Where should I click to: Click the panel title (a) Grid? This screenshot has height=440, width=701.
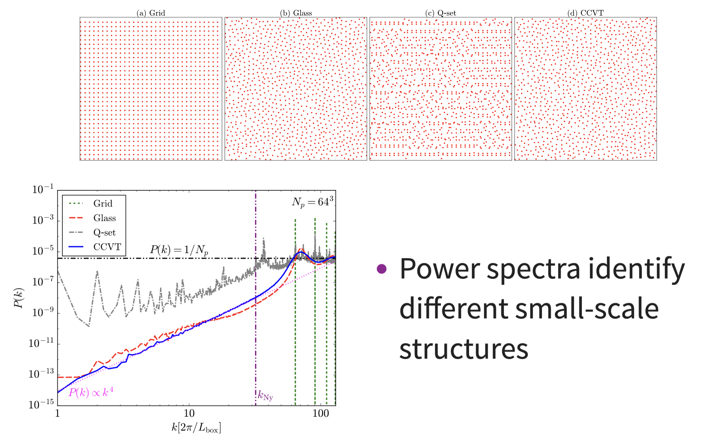[151, 13]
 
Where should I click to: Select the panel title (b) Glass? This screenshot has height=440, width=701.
[296, 13]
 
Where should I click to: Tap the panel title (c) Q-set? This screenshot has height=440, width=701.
[441, 13]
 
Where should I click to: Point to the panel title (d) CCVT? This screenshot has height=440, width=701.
[585, 13]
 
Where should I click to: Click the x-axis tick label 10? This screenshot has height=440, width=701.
[189, 413]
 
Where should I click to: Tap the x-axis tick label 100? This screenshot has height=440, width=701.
[321, 413]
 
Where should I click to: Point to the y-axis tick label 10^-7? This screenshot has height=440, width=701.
[43, 281]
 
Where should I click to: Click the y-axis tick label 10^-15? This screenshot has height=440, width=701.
[41, 404]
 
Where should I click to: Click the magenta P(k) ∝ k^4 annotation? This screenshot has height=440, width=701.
[91, 392]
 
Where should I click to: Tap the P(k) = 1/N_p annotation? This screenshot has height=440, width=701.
[179, 250]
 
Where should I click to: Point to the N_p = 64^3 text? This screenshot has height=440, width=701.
[312, 202]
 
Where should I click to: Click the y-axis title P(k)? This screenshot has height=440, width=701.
[19, 298]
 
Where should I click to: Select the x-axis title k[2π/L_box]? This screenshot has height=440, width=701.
[196, 428]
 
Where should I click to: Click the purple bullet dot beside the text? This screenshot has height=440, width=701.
[382, 269]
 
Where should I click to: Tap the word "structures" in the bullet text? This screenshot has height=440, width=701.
[464, 349]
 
